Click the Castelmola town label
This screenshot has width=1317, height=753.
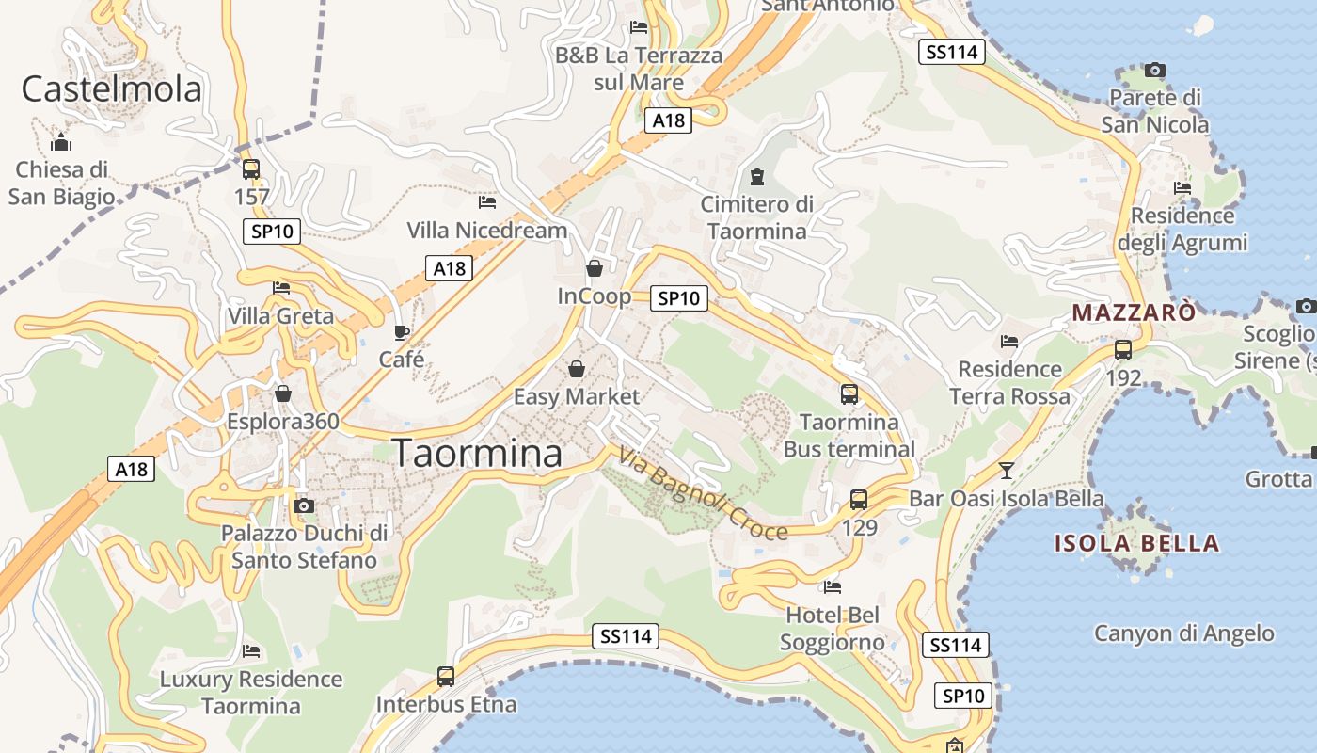[111, 89]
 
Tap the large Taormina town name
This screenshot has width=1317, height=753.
[477, 454]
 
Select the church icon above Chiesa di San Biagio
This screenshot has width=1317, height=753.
[61, 142]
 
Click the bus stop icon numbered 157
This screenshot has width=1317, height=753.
[251, 169]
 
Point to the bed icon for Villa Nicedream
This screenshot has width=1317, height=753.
[487, 201]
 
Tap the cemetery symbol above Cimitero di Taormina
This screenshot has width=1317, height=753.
[757, 176]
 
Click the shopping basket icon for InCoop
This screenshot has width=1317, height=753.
[595, 268]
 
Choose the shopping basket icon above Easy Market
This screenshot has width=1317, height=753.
[577, 368]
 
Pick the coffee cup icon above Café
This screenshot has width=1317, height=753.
[402, 332]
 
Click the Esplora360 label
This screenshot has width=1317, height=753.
[282, 421]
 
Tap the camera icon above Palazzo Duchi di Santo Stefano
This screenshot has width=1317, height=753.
[303, 505]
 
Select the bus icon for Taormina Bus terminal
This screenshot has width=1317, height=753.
[849, 393]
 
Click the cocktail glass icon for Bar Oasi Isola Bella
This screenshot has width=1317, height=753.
[1007, 470]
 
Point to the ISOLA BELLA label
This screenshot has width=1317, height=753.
[1136, 543]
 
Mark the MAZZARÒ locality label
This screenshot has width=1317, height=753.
[1134, 312]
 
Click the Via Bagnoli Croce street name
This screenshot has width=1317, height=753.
[703, 495]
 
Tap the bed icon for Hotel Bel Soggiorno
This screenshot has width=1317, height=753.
[833, 587]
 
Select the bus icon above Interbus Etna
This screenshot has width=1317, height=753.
[446, 676]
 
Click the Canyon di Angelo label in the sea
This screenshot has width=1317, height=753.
[1183, 633]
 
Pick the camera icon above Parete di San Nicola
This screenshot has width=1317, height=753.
[1155, 70]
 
